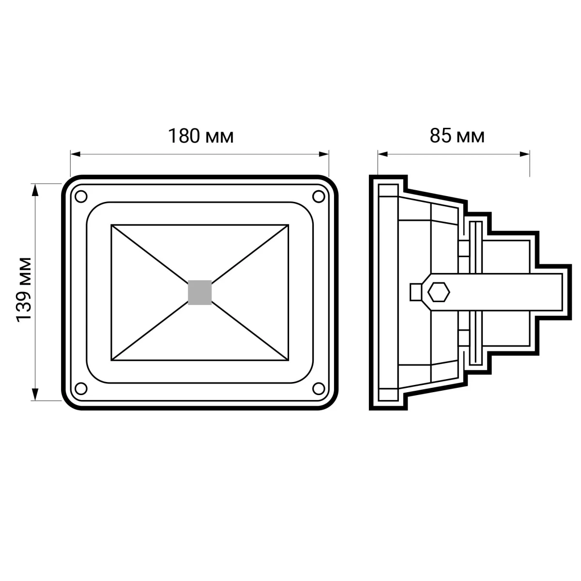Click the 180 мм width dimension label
tap(200, 136)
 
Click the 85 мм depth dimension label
tap(457, 136)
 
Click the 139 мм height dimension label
tap(24, 290)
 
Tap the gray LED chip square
tap(199, 292)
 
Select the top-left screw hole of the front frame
tap(81, 197)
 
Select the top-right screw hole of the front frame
tap(319, 197)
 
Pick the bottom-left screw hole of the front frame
tap(81, 389)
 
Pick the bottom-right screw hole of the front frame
tap(319, 389)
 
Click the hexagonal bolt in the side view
tap(439, 292)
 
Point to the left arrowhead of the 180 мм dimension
tap(76, 154)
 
